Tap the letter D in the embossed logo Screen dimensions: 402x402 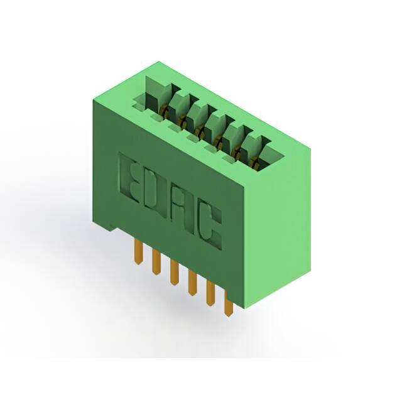point(152,192)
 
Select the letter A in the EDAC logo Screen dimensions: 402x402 point(182,205)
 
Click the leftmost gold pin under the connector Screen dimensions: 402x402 point(139,251)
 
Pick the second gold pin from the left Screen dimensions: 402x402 point(156,262)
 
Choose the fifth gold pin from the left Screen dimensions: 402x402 point(210,293)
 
